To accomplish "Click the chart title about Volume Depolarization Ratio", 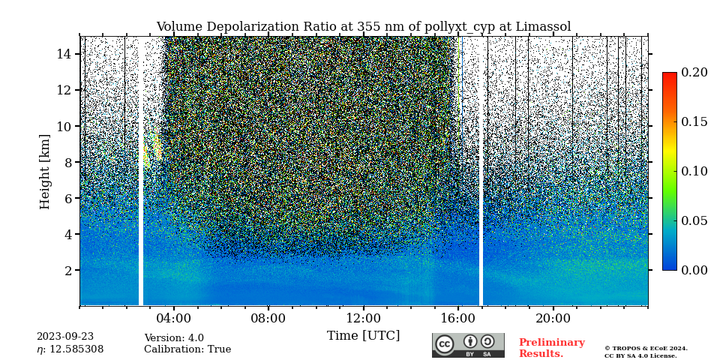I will [363, 27].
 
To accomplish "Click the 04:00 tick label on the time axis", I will [173, 318].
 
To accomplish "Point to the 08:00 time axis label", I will [268, 318].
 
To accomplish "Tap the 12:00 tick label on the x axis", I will [363, 318].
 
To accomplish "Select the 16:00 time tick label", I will [457, 318].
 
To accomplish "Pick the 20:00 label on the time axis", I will [553, 318].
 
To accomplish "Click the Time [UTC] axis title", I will [363, 335].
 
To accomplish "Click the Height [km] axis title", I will [45, 171].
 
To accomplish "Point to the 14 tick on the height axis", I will [64, 54].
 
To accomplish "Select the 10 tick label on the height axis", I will [64, 126].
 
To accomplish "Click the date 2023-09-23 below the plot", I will [65, 337].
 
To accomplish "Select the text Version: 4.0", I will [174, 338].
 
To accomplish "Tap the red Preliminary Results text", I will [551, 348].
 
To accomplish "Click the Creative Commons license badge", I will [468, 345].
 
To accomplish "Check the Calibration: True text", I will [187, 349].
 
